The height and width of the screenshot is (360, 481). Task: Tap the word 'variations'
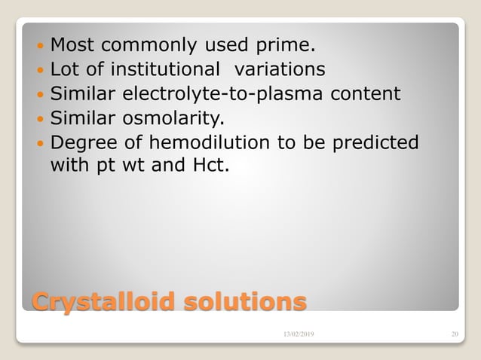[x=280, y=69]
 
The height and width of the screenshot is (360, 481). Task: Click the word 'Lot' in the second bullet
[x=65, y=69]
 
